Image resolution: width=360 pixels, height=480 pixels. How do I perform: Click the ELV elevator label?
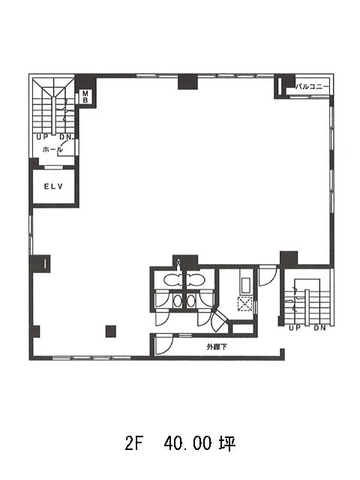(53, 186)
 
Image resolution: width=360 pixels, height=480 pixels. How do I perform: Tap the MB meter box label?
(85, 97)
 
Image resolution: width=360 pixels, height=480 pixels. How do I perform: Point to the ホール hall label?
(52, 149)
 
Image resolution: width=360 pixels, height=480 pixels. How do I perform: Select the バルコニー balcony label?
(312, 87)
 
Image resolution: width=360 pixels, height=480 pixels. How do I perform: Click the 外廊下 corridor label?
(217, 346)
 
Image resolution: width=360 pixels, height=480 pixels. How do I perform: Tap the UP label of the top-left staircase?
(43, 137)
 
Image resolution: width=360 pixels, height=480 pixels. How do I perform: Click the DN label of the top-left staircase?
(65, 137)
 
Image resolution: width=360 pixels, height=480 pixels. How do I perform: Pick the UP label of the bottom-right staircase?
(295, 328)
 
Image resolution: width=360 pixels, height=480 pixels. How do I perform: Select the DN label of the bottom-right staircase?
(319, 328)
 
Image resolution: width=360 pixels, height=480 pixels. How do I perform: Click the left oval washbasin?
(177, 301)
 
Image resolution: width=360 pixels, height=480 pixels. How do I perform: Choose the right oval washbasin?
(190, 301)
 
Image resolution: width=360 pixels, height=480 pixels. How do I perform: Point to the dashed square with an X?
(245, 304)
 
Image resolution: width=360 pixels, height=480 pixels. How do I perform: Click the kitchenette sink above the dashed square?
(246, 285)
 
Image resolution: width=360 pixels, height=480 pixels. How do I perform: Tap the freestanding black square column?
(111, 331)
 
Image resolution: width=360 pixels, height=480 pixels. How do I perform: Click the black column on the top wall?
(187, 82)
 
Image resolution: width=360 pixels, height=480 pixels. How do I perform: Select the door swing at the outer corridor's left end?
(164, 345)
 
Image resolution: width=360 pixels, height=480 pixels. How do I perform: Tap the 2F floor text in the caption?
(134, 443)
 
